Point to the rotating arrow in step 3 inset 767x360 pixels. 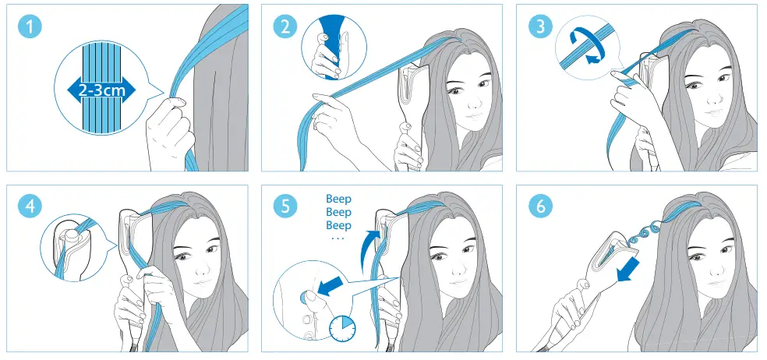tap(585, 45)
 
